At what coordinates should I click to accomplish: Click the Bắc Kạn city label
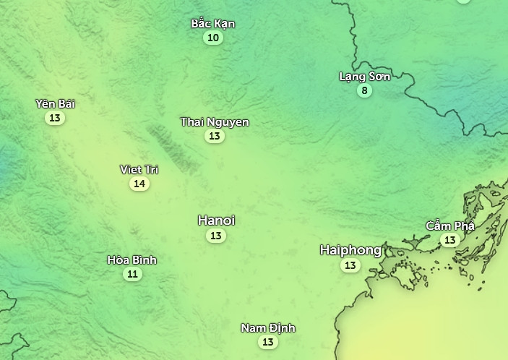pyautogui.click(x=213, y=24)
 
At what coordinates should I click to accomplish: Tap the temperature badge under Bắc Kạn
pyautogui.click(x=212, y=38)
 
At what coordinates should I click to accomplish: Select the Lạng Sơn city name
pyautogui.click(x=365, y=77)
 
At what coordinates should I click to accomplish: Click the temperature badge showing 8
pyautogui.click(x=365, y=90)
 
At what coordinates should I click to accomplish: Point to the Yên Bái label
pyautogui.click(x=55, y=104)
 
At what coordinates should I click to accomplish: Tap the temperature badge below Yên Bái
pyautogui.click(x=55, y=118)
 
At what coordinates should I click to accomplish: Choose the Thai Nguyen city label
pyautogui.click(x=215, y=122)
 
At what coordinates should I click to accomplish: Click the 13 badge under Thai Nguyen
pyautogui.click(x=214, y=136)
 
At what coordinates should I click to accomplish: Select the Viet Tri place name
pyautogui.click(x=139, y=170)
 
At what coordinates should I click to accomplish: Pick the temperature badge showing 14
pyautogui.click(x=139, y=184)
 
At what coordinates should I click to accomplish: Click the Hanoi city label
pyautogui.click(x=216, y=220)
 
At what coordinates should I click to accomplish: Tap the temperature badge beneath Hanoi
pyautogui.click(x=216, y=236)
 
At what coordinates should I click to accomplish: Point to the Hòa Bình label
pyautogui.click(x=132, y=260)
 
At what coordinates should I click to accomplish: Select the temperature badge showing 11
pyautogui.click(x=132, y=274)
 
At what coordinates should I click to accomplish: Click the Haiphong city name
pyautogui.click(x=350, y=250)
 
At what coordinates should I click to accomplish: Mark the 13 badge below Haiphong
pyautogui.click(x=350, y=265)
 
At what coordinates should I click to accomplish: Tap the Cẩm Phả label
pyautogui.click(x=450, y=226)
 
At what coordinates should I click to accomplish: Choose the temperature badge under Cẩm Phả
pyautogui.click(x=450, y=240)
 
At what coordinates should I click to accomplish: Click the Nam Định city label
pyautogui.click(x=268, y=328)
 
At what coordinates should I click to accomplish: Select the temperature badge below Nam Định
pyautogui.click(x=268, y=342)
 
